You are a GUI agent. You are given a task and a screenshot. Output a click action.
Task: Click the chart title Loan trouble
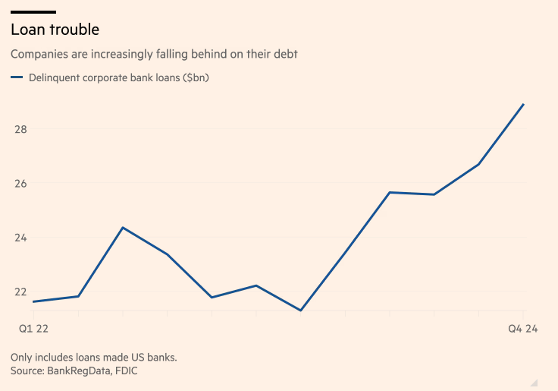tap(55, 30)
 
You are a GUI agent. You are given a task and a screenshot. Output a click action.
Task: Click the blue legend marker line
tap(16, 77)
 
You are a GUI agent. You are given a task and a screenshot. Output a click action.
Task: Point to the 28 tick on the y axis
tap(20, 129)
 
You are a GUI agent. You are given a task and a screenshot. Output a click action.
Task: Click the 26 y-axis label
tap(20, 184)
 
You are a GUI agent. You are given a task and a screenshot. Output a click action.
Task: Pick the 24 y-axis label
tap(20, 238)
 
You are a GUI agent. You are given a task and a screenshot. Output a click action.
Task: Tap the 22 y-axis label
tap(20, 292)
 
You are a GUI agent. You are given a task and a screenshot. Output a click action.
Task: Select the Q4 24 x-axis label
tap(522, 328)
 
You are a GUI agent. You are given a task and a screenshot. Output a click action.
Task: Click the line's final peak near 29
tap(523, 105)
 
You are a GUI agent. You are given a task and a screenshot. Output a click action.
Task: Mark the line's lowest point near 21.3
tap(301, 310)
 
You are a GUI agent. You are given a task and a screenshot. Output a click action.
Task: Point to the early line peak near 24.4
tap(123, 228)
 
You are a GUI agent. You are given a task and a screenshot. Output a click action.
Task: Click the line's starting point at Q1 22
tap(34, 301)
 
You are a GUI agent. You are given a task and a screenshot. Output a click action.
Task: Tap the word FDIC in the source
tap(125, 371)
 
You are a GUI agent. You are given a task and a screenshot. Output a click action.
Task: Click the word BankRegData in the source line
tap(80, 371)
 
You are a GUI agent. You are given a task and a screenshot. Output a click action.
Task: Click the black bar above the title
tap(33, 12)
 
